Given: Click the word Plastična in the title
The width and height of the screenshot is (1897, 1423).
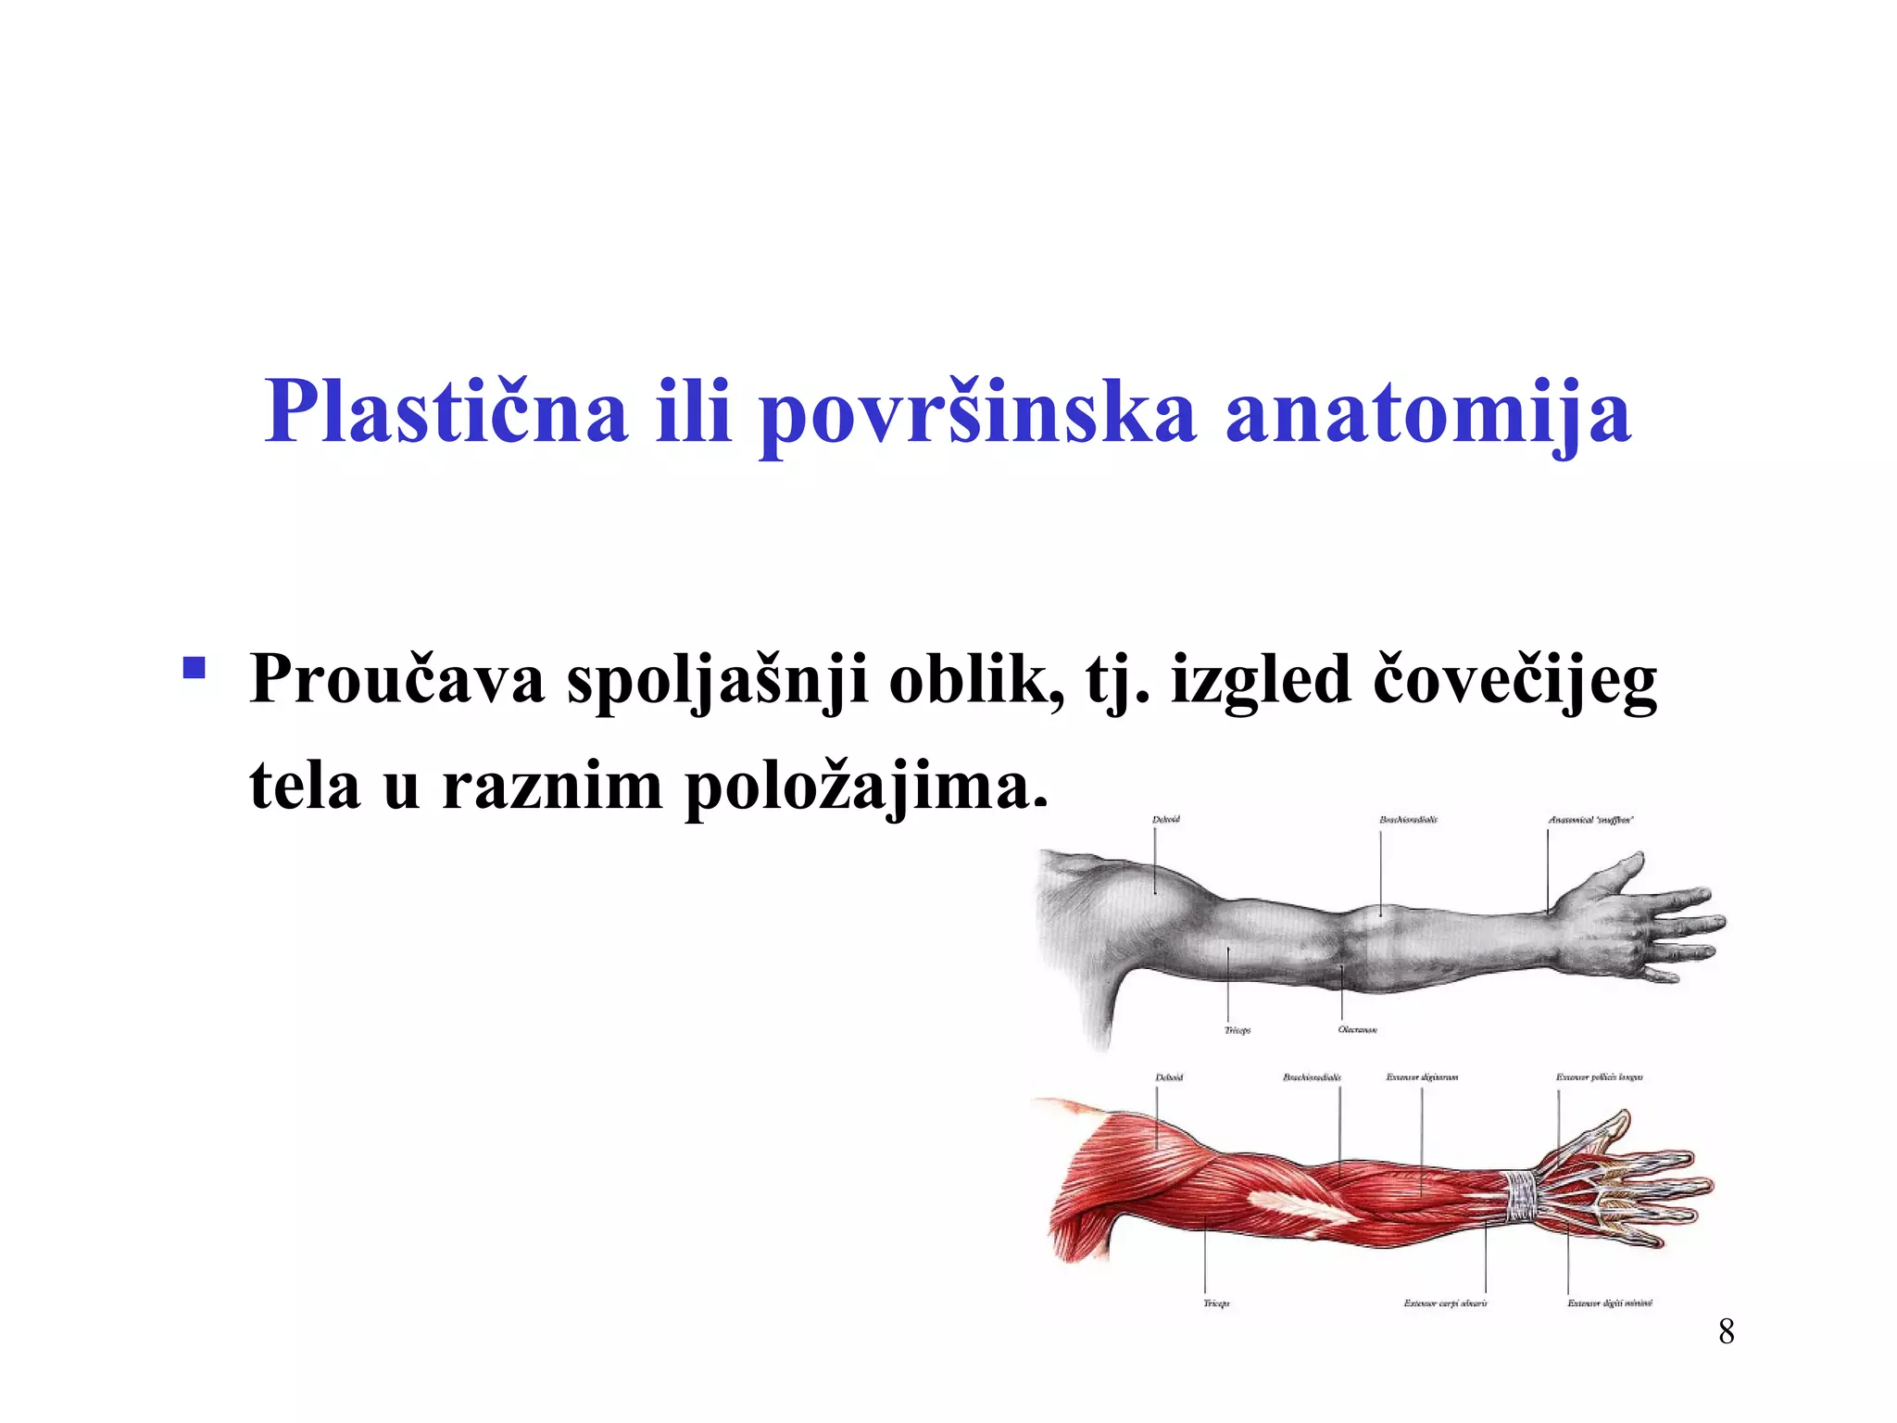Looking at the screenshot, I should [x=446, y=411].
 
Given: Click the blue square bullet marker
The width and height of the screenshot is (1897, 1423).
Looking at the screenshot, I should [x=194, y=667].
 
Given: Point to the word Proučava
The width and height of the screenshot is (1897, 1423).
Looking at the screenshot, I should [x=397, y=680].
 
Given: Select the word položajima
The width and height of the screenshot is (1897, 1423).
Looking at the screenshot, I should [x=866, y=787].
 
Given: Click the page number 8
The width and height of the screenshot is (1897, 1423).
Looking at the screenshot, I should [x=1726, y=1331].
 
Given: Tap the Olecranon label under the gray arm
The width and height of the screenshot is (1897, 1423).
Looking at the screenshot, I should [x=1357, y=1030].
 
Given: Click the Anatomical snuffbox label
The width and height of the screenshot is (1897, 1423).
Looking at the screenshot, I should [x=1590, y=820].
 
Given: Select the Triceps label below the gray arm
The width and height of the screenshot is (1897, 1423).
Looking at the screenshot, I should [x=1237, y=1030].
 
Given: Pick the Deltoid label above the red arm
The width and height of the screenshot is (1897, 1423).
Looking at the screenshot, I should [x=1169, y=1077].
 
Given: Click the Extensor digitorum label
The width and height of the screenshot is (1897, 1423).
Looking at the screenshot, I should [x=1422, y=1077].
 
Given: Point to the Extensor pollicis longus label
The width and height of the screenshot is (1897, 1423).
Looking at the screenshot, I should [x=1599, y=1077].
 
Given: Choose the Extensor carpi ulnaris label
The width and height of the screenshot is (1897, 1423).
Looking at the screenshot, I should [x=1445, y=1303].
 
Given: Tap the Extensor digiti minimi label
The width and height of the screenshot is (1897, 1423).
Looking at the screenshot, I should [x=1609, y=1303].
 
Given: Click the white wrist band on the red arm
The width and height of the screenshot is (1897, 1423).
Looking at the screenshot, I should [x=1520, y=1195].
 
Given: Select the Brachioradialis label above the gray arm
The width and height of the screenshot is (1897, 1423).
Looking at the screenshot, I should [x=1408, y=820].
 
